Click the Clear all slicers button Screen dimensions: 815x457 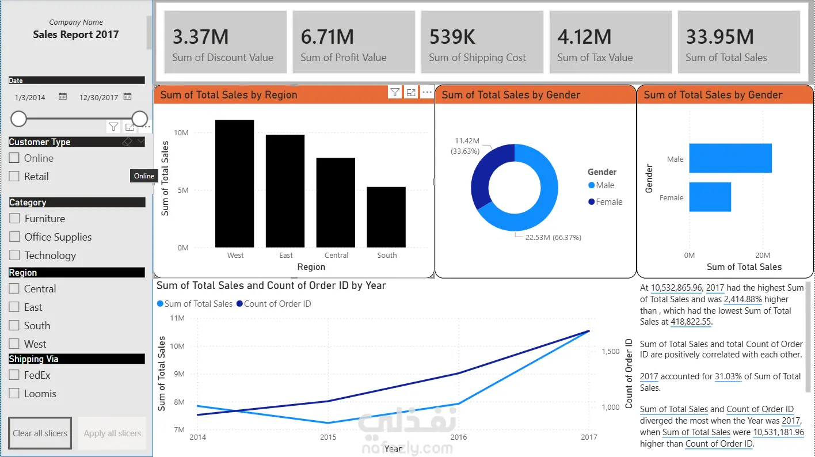tap(40, 433)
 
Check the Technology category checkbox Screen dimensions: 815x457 tap(14, 255)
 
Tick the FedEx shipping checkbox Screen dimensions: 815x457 tap(14, 375)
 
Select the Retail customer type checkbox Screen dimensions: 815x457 tap(14, 176)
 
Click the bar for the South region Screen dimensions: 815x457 tap(386, 217)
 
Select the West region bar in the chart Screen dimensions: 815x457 tap(235, 184)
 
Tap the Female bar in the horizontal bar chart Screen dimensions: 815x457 tap(710, 197)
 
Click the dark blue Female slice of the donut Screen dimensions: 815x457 tap(488, 174)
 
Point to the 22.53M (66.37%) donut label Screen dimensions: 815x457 tap(553, 237)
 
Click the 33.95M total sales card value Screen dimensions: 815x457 tap(719, 37)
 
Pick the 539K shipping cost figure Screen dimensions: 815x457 tap(452, 37)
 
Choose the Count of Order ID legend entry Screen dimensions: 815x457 tap(274, 304)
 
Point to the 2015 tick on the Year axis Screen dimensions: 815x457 tap(328, 437)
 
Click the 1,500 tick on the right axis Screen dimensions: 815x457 tap(611, 352)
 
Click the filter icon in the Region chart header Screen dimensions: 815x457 tap(395, 93)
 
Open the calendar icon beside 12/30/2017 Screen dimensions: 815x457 tap(127, 97)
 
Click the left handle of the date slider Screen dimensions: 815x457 tap(18, 119)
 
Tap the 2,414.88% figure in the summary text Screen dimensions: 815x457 tap(742, 299)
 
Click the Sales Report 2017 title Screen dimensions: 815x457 tap(75, 35)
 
